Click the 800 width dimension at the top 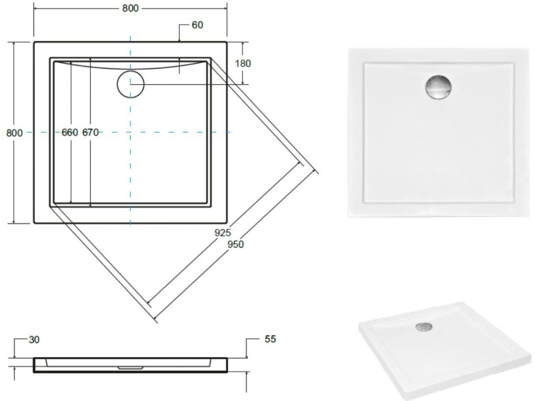pyautogui.click(x=130, y=8)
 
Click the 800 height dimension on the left pyautogui.click(x=15, y=132)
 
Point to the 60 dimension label pyautogui.click(x=197, y=25)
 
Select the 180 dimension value pyautogui.click(x=243, y=63)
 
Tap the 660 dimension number pyautogui.click(x=70, y=132)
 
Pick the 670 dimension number pyautogui.click(x=90, y=132)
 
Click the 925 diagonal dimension pyautogui.click(x=222, y=233)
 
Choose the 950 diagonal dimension pyautogui.click(x=235, y=244)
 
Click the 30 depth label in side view pyautogui.click(x=34, y=340)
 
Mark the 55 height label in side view pyautogui.click(x=270, y=339)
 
